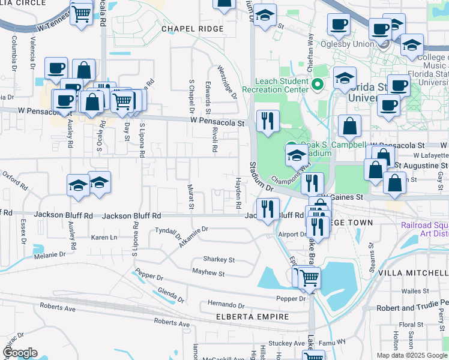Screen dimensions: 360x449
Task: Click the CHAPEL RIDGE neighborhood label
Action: click(x=192, y=29)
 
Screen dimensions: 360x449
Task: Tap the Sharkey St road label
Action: click(x=218, y=260)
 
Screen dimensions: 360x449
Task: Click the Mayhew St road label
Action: click(x=208, y=274)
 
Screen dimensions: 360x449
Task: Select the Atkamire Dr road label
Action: click(x=193, y=237)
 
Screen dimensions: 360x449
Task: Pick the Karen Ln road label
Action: click(x=104, y=238)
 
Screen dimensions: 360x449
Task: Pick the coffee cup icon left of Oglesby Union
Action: click(x=339, y=25)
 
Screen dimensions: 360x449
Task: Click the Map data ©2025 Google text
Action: click(x=411, y=355)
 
